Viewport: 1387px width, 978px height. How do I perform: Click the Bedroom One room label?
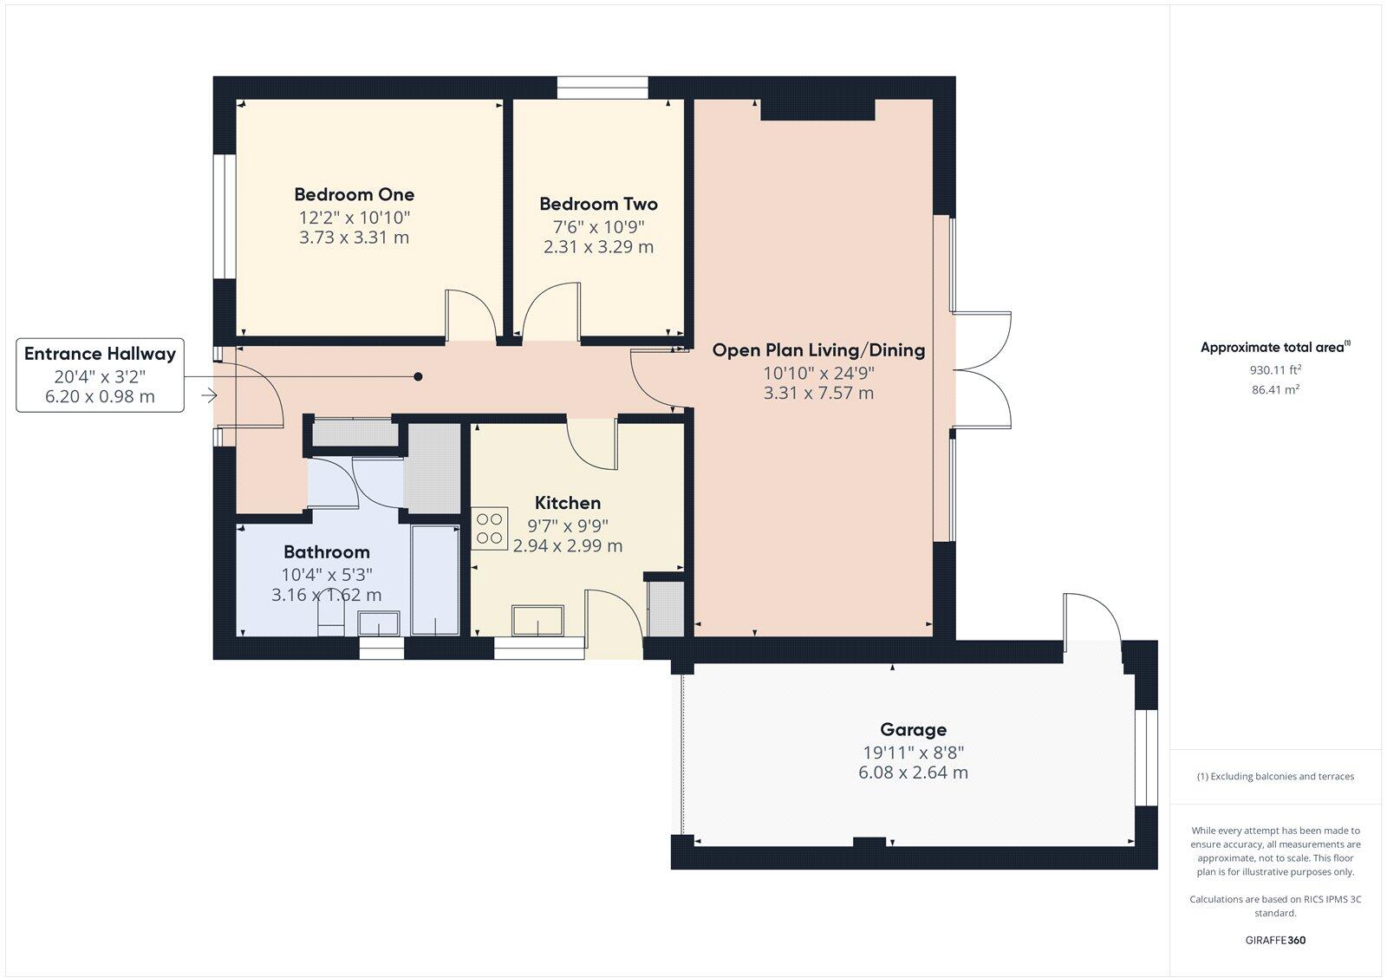pos(354,194)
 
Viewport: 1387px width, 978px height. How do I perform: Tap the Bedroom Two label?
pos(598,204)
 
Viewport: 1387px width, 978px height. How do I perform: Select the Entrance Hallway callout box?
pos(100,375)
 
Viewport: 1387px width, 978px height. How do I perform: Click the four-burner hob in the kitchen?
pos(490,529)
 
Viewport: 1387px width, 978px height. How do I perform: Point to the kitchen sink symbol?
pos(538,622)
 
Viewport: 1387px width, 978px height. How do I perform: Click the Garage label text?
pos(913,729)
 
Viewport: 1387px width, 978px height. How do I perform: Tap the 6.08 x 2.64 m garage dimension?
pos(913,773)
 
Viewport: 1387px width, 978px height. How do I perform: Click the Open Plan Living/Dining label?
pos(818,350)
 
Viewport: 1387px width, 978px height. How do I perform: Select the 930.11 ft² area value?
pos(1274,369)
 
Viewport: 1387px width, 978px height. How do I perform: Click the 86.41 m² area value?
pos(1274,390)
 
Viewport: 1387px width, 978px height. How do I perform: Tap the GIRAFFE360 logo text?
pos(1274,940)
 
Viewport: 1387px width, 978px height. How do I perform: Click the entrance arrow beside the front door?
pos(208,395)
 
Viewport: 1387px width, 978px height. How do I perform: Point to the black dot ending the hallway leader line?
pos(418,376)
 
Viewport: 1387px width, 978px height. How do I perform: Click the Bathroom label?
pos(326,552)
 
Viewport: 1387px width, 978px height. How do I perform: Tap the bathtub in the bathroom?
pos(435,579)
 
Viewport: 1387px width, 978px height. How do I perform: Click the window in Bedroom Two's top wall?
pos(602,88)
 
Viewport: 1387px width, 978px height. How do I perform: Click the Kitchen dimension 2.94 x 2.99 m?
pos(567,546)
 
